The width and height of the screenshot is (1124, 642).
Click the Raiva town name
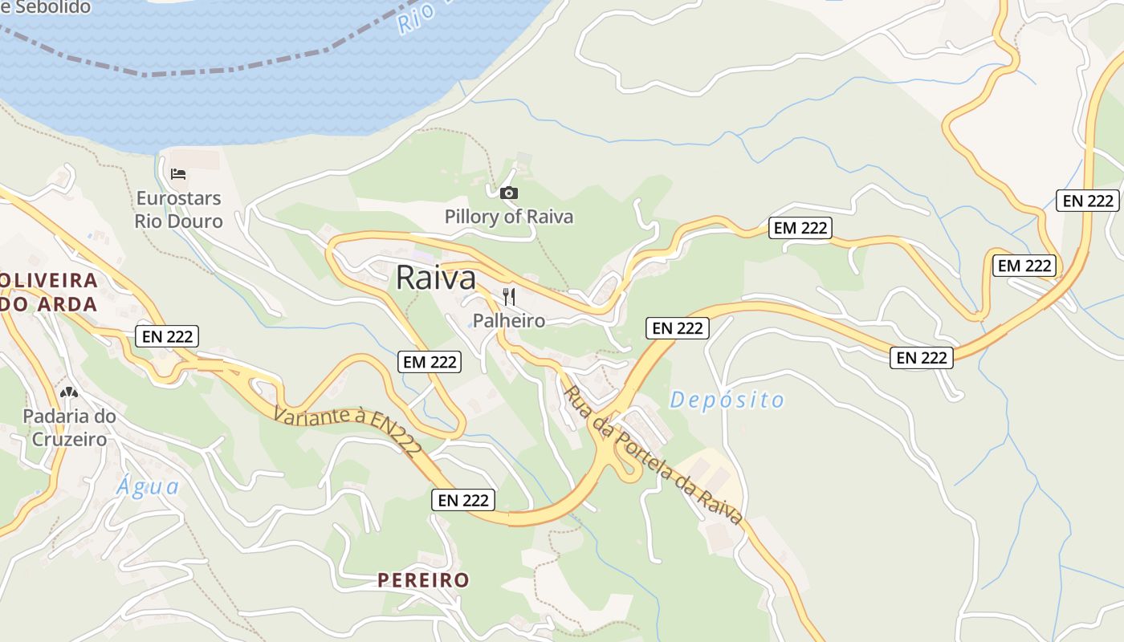click(436, 278)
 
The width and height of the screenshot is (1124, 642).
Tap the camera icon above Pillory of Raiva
click(509, 193)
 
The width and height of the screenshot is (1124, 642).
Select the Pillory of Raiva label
click(509, 217)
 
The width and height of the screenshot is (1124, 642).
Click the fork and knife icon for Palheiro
click(509, 297)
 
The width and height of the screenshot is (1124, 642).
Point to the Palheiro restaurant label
click(509, 321)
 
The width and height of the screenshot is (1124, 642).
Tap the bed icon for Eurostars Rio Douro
click(178, 173)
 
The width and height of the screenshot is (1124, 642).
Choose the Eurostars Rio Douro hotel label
click(178, 209)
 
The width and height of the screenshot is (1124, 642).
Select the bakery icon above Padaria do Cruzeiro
click(69, 393)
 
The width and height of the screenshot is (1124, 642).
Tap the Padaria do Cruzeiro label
click(69, 428)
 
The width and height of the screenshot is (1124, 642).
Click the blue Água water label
click(148, 486)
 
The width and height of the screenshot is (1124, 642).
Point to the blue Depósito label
click(727, 400)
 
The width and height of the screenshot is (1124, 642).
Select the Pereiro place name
click(423, 580)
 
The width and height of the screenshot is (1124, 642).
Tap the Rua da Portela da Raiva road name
click(652, 455)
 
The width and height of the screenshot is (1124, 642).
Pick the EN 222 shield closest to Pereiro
click(463, 500)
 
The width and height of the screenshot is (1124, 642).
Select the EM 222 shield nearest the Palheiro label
click(430, 362)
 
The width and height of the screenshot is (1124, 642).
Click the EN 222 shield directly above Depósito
click(678, 327)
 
